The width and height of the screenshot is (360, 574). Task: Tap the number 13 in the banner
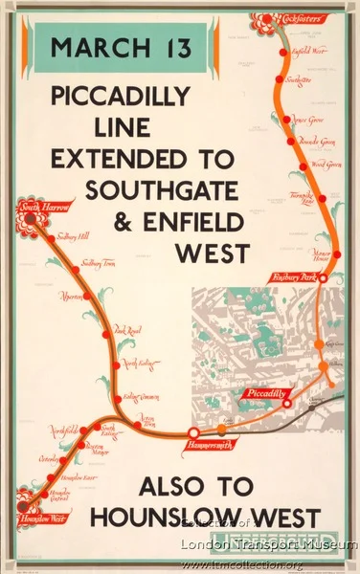point(171,46)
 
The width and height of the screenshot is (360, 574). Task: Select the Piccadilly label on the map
point(262,393)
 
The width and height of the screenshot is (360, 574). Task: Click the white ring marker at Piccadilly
point(287,404)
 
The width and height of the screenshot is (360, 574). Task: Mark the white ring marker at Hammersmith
point(194,433)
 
